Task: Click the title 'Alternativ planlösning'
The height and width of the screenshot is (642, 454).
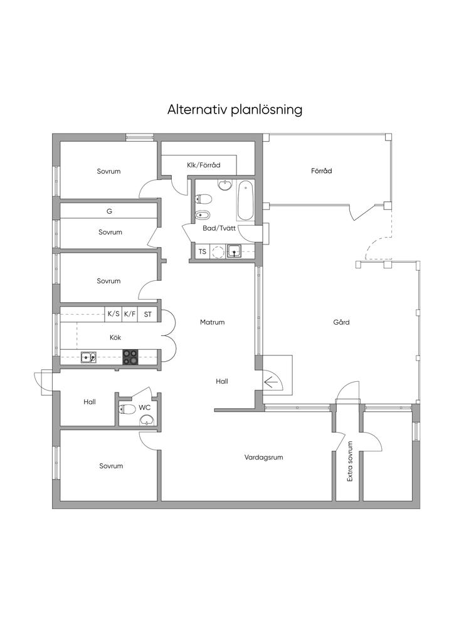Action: (x=235, y=110)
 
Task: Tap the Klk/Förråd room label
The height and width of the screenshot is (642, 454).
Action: (x=203, y=165)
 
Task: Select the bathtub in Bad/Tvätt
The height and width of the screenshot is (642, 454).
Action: (x=245, y=201)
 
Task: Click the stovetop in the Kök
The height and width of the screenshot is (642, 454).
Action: (x=130, y=357)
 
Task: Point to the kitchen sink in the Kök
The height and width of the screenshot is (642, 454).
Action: (x=88, y=357)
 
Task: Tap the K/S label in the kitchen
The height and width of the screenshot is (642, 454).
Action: (x=113, y=314)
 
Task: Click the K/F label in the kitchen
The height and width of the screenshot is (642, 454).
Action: (x=130, y=314)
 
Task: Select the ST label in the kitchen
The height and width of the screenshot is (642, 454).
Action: (x=148, y=315)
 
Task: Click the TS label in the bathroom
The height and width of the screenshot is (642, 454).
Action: (x=203, y=251)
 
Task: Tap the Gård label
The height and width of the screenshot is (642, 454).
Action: (x=341, y=322)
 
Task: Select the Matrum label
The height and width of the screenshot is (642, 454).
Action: (x=212, y=322)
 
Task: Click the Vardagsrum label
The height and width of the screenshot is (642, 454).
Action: (x=263, y=457)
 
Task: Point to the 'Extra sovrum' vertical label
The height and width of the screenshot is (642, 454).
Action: (x=350, y=461)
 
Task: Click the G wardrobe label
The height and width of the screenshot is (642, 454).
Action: (x=109, y=211)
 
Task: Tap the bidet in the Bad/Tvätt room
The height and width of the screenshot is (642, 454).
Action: (x=203, y=214)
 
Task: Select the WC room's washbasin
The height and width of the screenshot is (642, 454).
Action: (x=147, y=419)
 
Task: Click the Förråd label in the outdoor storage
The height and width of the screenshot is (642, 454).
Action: (x=321, y=171)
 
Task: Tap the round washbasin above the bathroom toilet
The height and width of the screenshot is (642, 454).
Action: (x=224, y=185)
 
